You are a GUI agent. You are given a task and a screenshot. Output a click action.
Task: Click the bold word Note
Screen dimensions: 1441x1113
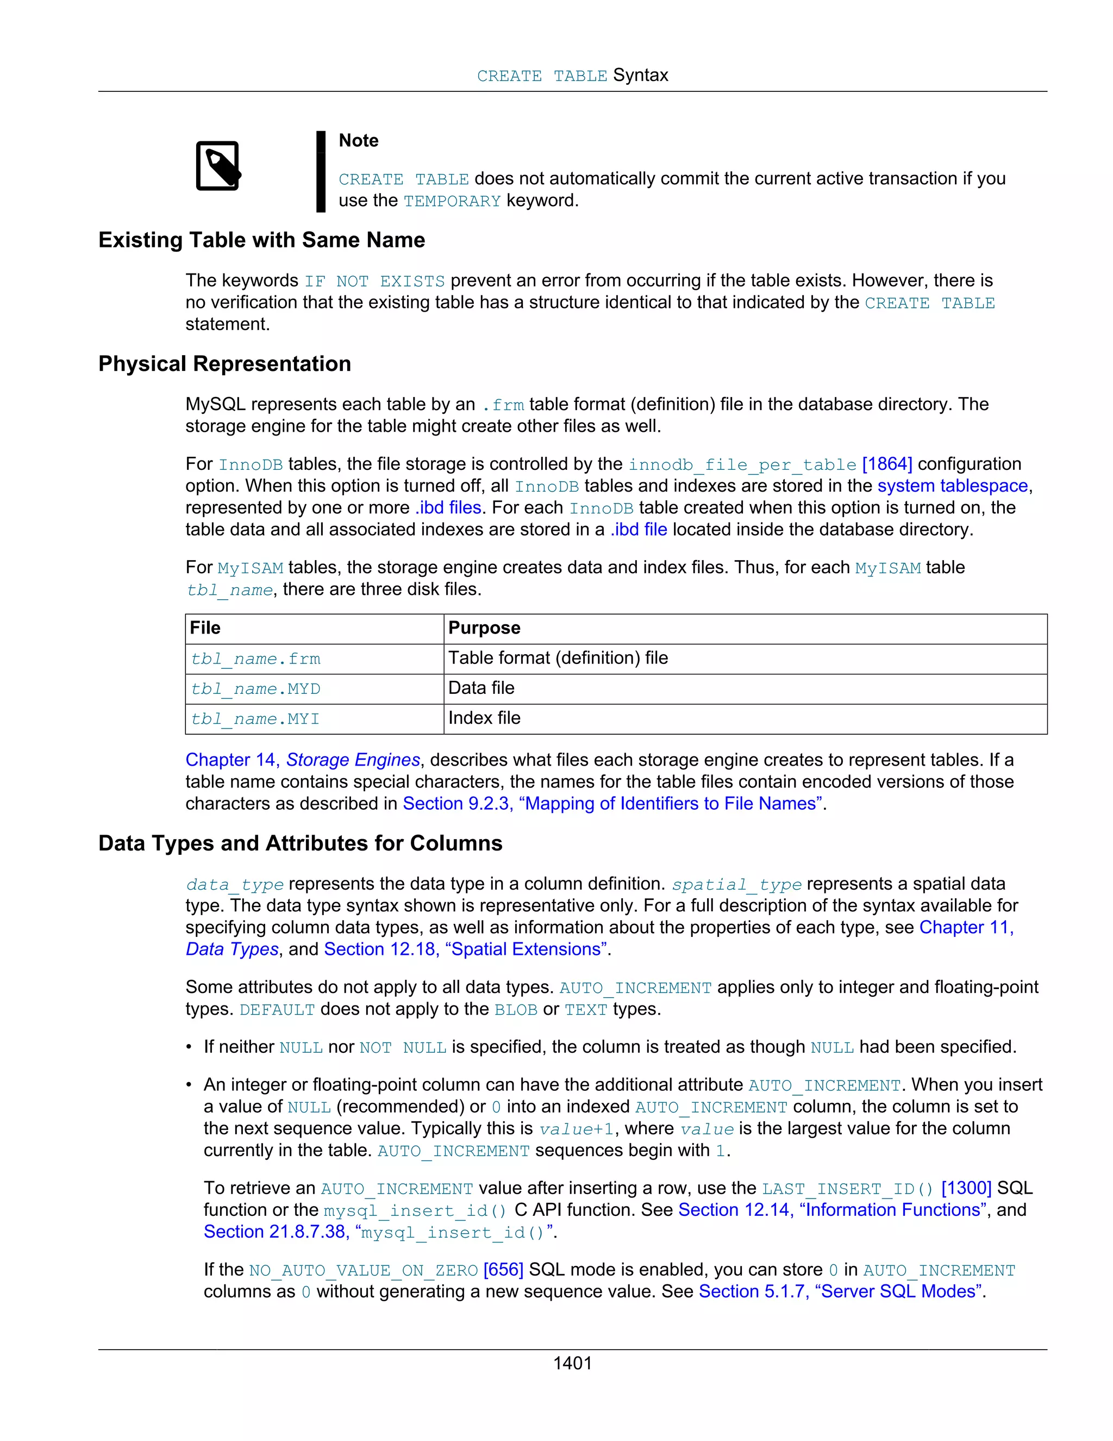358,140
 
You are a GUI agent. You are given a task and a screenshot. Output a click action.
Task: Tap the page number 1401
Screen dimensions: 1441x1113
572,1363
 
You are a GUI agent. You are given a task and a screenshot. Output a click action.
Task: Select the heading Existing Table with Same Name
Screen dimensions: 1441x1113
262,240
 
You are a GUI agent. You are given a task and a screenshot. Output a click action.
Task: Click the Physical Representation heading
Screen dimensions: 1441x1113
224,364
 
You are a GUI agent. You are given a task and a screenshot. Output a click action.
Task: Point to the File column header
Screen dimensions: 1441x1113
205,628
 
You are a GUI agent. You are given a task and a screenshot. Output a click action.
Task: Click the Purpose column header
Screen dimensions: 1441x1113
484,628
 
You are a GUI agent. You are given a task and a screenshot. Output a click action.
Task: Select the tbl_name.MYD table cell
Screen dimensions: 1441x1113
255,689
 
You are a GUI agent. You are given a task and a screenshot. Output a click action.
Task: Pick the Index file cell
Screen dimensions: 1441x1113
484,718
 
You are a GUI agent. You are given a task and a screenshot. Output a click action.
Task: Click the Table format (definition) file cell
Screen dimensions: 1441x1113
558,658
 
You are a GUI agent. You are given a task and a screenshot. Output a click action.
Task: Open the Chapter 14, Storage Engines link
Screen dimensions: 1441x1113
303,760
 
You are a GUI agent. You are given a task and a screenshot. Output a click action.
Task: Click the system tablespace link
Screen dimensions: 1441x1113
952,486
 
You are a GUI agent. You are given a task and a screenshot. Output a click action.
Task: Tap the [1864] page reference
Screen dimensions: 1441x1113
887,464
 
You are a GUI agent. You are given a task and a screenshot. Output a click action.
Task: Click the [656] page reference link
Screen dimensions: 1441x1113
503,1270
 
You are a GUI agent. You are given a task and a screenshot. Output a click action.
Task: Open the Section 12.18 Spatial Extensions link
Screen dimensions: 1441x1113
466,949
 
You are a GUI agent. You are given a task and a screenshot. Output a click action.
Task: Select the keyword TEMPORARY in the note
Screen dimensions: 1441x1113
452,201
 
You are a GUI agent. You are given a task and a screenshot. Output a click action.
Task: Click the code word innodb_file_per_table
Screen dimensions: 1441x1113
742,464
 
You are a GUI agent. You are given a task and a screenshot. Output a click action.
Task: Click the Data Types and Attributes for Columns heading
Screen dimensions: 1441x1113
300,843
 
